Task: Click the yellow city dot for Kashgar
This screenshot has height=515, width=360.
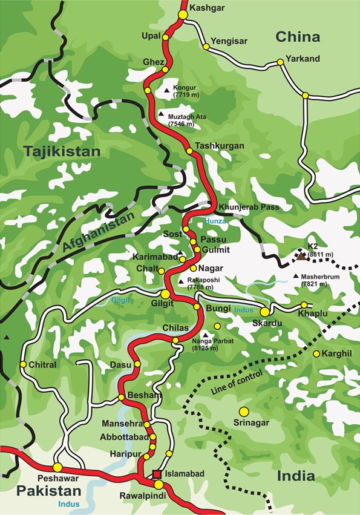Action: (x=183, y=13)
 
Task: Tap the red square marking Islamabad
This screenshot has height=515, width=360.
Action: (x=157, y=474)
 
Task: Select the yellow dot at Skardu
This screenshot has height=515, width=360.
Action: (x=265, y=311)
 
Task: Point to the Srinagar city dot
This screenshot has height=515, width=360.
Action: (x=244, y=411)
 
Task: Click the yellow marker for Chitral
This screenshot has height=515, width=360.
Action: (x=24, y=364)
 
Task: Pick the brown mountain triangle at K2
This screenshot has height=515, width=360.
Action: (x=301, y=257)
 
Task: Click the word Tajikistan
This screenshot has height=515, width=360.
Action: (x=62, y=151)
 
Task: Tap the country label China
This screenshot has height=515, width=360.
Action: (x=298, y=37)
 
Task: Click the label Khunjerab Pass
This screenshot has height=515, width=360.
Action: (x=246, y=207)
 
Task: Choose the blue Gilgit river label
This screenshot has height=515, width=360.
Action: (x=121, y=300)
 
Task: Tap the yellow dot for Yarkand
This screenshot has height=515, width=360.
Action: (x=280, y=62)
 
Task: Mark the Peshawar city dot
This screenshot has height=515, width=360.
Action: (x=57, y=467)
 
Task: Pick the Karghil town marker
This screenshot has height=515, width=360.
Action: (x=316, y=353)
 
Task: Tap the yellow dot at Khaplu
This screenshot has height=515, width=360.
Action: (x=304, y=305)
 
